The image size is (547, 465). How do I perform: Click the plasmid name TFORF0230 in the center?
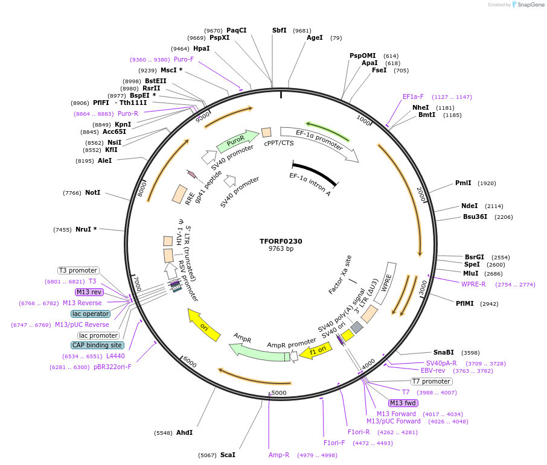[281, 241]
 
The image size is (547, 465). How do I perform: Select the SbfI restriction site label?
[280, 30]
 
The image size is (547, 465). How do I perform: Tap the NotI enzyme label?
[92, 193]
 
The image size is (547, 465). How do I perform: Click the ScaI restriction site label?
[228, 455]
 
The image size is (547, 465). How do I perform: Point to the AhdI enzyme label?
[185, 432]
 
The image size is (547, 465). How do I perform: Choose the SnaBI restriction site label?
[443, 352]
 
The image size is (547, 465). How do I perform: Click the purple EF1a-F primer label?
[413, 96]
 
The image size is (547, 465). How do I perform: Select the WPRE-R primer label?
[473, 284]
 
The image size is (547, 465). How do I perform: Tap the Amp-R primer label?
[279, 455]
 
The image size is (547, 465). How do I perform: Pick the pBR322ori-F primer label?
[112, 367]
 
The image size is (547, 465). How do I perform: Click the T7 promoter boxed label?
[431, 381]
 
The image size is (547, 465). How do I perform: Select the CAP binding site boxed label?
[98, 345]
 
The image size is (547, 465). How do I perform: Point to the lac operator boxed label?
[91, 314]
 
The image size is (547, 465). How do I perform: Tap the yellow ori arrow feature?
[203, 324]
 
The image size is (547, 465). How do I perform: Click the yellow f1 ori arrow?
[315, 350]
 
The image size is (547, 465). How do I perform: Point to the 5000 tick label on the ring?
[279, 393]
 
